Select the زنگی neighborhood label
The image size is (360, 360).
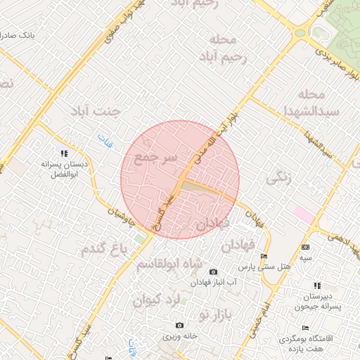point(278,177)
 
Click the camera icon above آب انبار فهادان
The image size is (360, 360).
point(214,271)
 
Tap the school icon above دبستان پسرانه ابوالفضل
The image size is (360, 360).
point(65,153)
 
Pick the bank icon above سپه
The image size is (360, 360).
point(305,247)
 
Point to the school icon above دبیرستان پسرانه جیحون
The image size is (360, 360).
point(316,285)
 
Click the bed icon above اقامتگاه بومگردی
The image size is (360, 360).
point(304,328)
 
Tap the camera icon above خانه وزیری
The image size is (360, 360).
point(180,325)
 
